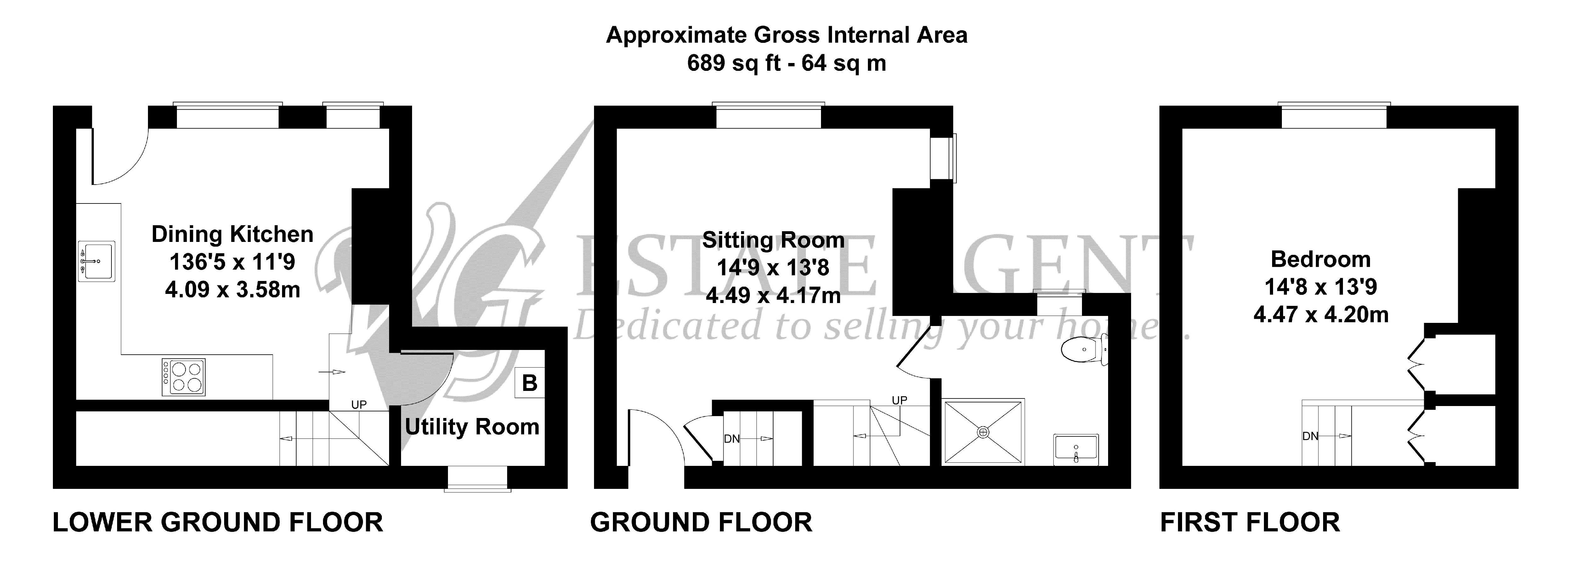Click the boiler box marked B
[529, 382]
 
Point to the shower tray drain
[983, 432]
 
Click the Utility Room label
[472, 426]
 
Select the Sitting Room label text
[773, 240]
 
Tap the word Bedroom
[1320, 259]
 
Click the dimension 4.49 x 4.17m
[773, 296]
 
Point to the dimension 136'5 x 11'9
[232, 261]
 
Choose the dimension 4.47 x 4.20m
[1320, 315]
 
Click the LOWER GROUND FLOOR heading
[218, 523]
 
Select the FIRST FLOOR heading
[1250, 523]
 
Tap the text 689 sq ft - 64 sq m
[786, 63]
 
